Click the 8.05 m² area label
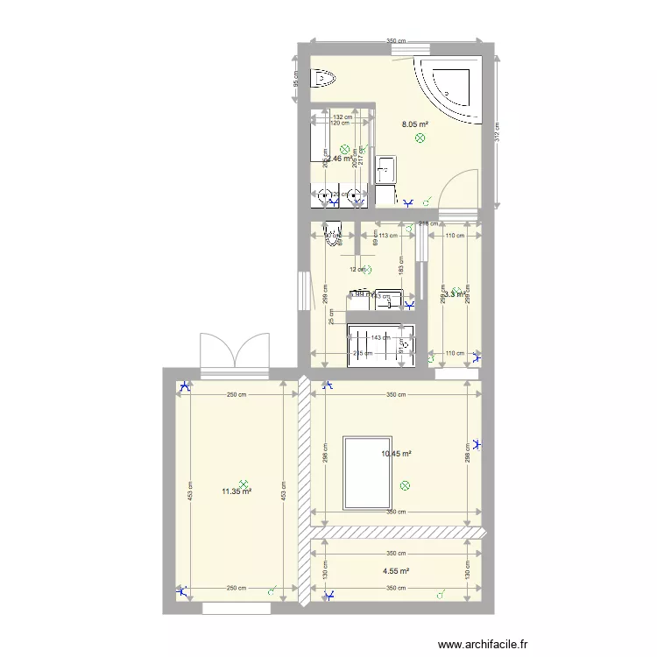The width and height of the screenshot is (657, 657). click(414, 124)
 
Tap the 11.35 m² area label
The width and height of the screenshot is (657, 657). click(237, 492)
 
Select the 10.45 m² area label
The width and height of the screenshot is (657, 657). click(396, 454)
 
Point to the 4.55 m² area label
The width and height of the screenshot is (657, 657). click(396, 571)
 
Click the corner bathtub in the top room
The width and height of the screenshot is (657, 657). click(450, 88)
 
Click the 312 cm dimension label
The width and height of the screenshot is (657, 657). click(496, 131)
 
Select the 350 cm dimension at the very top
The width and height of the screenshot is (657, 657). click(396, 41)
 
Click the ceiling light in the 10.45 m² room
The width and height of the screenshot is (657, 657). click(404, 484)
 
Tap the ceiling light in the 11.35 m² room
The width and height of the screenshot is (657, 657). click(244, 482)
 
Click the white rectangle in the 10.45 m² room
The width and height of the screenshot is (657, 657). click(366, 473)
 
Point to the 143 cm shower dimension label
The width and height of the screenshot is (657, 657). click(380, 337)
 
